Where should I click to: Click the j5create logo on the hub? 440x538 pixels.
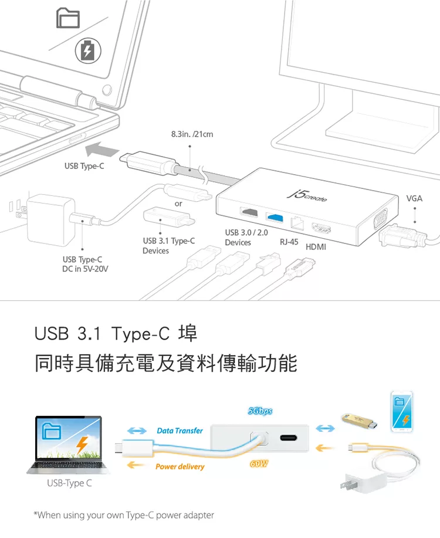[x=307, y=196]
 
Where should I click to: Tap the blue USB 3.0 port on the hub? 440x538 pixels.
[x=275, y=217]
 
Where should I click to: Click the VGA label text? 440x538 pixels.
[x=414, y=198]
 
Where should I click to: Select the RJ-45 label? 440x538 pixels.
[x=289, y=242]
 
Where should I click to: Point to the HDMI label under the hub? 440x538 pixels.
[x=316, y=246]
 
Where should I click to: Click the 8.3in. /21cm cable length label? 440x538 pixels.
[x=192, y=134]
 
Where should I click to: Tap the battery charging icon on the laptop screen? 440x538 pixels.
[x=88, y=51]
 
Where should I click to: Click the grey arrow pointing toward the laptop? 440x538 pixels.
[x=102, y=150]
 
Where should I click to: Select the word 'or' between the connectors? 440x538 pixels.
[x=178, y=204]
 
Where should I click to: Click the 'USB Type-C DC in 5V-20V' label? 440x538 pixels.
[x=85, y=264]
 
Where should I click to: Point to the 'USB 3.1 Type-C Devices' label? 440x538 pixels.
[x=168, y=246]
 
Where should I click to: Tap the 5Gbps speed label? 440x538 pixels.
[x=260, y=411]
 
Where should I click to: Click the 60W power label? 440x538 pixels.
[x=259, y=463]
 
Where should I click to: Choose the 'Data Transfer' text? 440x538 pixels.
[x=180, y=431]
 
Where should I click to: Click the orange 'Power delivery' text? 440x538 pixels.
[x=180, y=466]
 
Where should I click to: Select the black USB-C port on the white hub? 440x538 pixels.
[x=289, y=438]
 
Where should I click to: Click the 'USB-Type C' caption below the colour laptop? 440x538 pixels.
[x=69, y=483]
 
